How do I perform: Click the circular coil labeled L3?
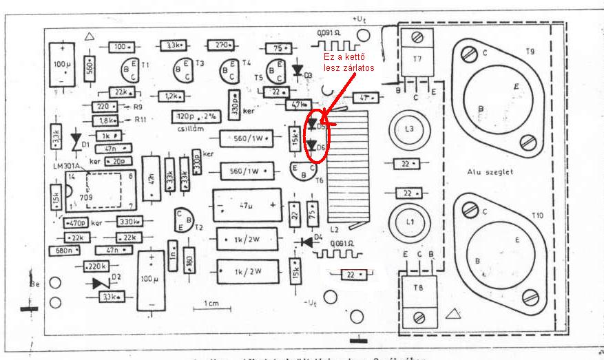click(x=410, y=129)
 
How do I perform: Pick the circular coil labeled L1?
click(x=410, y=222)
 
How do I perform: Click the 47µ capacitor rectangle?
click(x=247, y=205)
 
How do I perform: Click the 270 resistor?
click(x=221, y=45)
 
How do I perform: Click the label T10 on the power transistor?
click(x=537, y=216)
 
